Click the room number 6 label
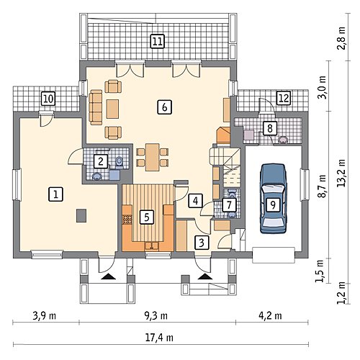(164, 107)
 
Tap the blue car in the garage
(274, 199)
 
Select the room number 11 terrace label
(157, 41)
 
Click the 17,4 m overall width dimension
(159, 338)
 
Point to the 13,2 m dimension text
(341, 174)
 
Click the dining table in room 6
(153, 157)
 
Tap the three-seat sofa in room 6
(96, 107)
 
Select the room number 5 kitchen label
(147, 217)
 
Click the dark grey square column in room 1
(81, 215)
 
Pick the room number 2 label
(101, 161)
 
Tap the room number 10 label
(48, 99)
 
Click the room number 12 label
(284, 98)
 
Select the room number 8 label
(270, 128)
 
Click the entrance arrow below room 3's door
(205, 276)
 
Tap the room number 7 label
(229, 204)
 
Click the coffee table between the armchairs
(112, 109)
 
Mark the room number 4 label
(196, 200)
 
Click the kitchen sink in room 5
(152, 246)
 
